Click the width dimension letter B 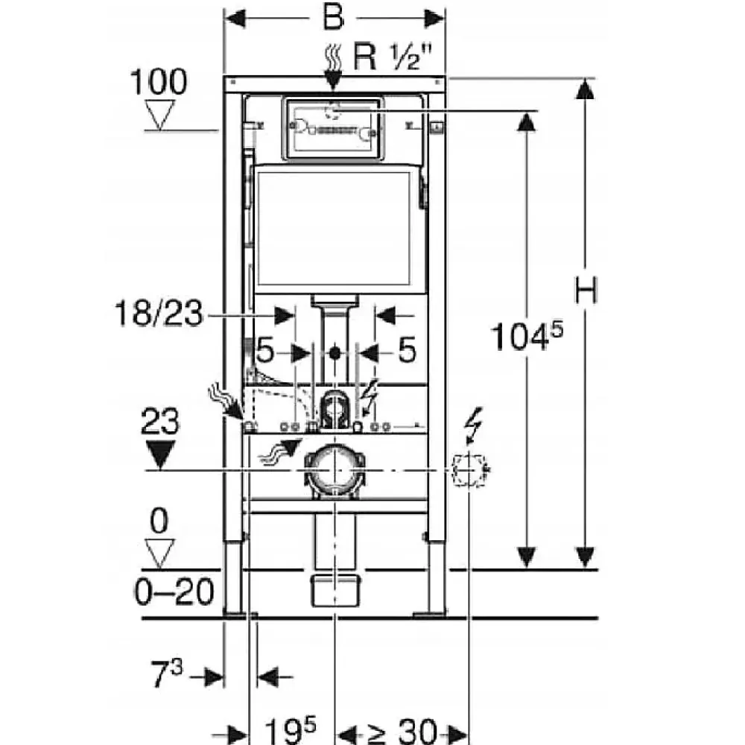[333, 18]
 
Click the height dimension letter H [586, 290]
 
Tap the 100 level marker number [159, 82]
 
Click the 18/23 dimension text [159, 313]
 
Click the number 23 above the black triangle [160, 421]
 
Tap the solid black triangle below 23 [160, 454]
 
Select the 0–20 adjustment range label [174, 592]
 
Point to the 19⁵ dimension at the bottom [290, 730]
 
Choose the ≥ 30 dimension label [402, 732]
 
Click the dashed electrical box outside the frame [469, 470]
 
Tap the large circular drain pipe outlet [335, 470]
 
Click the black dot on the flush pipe [335, 352]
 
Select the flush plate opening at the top [332, 128]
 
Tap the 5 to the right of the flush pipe [407, 350]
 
